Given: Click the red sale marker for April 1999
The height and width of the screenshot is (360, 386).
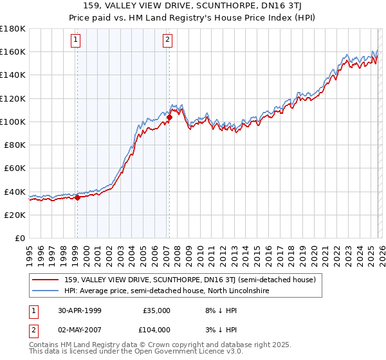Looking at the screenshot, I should coord(77,197).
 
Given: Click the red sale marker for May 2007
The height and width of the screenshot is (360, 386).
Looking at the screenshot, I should coord(169,117).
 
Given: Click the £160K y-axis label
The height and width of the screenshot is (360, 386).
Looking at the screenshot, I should coord(13,51).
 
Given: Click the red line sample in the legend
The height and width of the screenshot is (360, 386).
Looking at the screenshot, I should coord(46,280).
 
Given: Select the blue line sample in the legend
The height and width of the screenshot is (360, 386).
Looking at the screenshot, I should coord(46,291).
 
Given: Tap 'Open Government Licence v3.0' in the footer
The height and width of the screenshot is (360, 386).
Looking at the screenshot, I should coord(187,353).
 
